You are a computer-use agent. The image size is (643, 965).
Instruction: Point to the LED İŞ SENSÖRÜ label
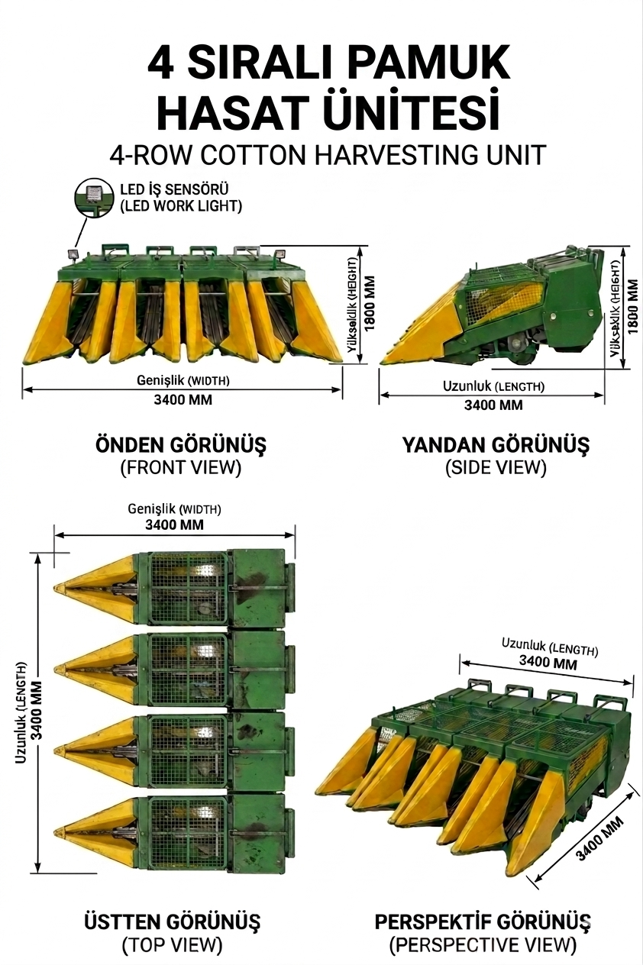point(173,189)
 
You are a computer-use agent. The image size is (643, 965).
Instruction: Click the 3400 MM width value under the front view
point(183,400)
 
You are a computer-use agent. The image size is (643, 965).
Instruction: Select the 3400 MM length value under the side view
point(493,405)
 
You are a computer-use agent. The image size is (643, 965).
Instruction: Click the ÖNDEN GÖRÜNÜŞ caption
point(180,444)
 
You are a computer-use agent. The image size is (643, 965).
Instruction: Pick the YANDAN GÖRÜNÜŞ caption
point(496,444)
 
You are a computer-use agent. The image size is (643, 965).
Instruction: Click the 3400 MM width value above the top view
point(174,524)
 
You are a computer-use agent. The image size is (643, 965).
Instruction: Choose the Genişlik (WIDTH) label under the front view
point(183,380)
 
